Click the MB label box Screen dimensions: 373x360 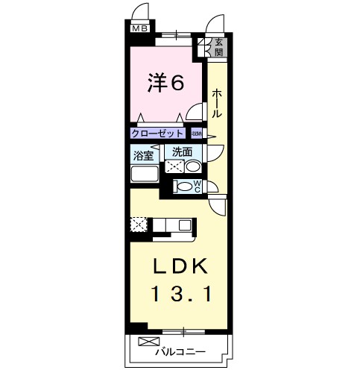(x=140, y=29)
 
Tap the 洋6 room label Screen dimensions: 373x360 (x=165, y=83)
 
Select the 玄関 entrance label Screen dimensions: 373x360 (x=219, y=48)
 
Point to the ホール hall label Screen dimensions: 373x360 (x=216, y=103)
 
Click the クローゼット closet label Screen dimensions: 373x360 (x=157, y=134)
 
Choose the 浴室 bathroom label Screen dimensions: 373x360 (x=143, y=156)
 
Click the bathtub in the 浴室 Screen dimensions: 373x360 (x=144, y=175)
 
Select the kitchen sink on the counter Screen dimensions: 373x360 (x=184, y=224)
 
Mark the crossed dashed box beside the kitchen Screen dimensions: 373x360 (x=138, y=224)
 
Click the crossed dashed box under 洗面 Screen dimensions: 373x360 (x=175, y=166)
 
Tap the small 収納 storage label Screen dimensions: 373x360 (x=196, y=134)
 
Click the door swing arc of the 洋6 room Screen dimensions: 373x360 (x=195, y=112)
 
